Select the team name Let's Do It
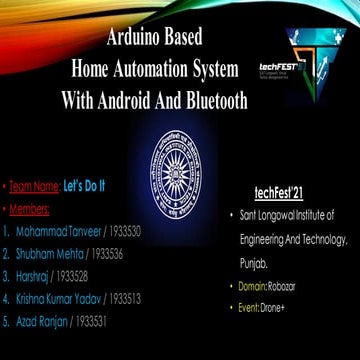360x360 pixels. coord(85,186)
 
